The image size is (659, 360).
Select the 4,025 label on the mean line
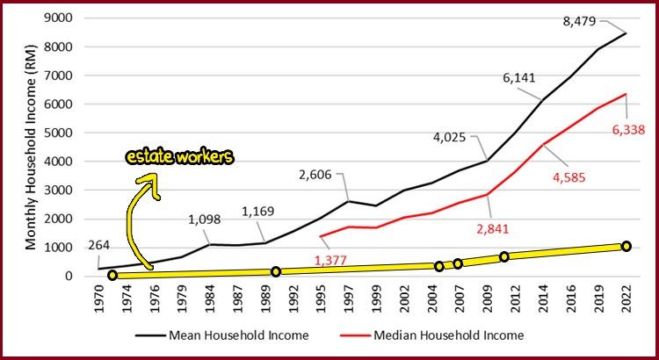click(453, 138)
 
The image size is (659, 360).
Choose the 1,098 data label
click(206, 220)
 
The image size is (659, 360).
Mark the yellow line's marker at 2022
click(626, 247)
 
